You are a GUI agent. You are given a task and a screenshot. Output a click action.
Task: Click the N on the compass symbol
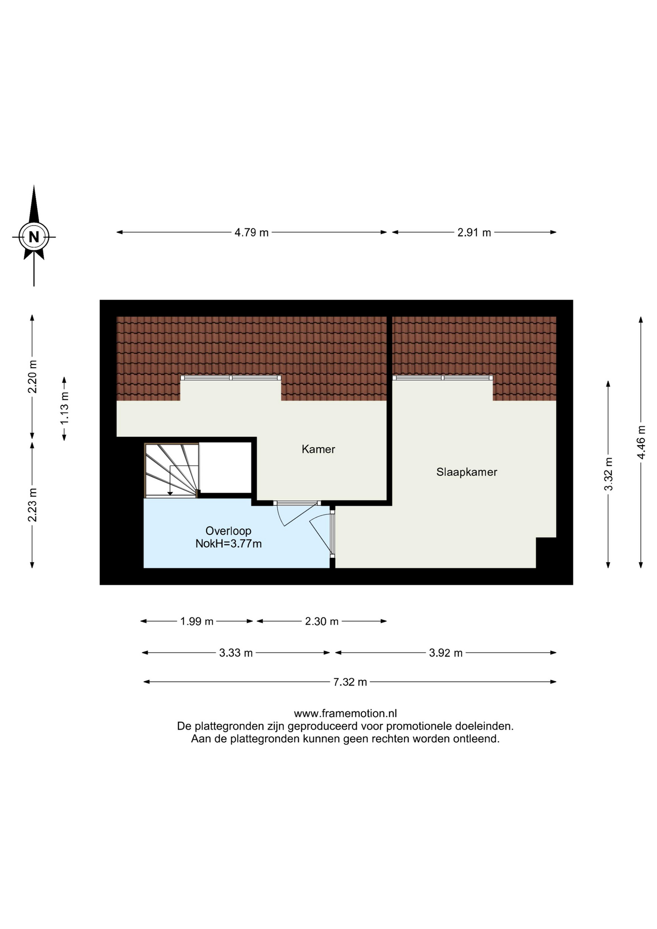pyautogui.click(x=34, y=237)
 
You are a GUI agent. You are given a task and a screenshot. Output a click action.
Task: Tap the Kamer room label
pyautogui.click(x=318, y=449)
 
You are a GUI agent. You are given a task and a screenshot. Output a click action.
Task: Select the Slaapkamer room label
pyautogui.click(x=467, y=472)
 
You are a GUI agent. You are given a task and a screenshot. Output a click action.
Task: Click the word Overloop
pyautogui.click(x=228, y=531)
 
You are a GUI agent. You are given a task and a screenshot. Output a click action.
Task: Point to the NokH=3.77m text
pyautogui.click(x=228, y=543)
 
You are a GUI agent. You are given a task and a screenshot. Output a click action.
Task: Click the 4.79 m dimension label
pyautogui.click(x=252, y=232)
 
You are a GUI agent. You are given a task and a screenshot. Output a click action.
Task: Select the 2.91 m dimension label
pyautogui.click(x=474, y=232)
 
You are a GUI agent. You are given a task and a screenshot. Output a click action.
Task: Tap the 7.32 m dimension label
pyautogui.click(x=350, y=682)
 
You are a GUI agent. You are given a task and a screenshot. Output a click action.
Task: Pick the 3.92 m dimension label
pyautogui.click(x=446, y=653)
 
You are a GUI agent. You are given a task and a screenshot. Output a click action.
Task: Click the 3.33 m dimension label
pyautogui.click(x=236, y=653)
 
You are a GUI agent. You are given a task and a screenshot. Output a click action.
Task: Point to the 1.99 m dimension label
pyautogui.click(x=197, y=621)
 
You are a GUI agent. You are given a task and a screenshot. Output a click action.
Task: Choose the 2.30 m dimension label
pyautogui.click(x=322, y=621)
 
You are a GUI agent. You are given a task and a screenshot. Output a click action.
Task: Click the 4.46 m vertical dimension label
pyautogui.click(x=641, y=442)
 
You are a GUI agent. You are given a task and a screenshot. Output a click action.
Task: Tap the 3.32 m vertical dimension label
pyautogui.click(x=609, y=474)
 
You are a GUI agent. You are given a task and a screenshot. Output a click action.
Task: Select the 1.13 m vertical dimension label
pyautogui.click(x=64, y=408)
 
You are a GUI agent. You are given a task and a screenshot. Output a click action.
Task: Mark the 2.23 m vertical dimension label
pyautogui.click(x=32, y=505)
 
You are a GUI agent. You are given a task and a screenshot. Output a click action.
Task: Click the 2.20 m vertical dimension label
pyautogui.click(x=32, y=377)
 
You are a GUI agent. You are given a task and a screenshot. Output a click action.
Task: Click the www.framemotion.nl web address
pyautogui.click(x=345, y=713)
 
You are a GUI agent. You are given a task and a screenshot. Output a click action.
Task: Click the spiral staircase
pyautogui.click(x=172, y=470)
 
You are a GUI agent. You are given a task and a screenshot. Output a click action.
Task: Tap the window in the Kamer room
pyautogui.click(x=231, y=377)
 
